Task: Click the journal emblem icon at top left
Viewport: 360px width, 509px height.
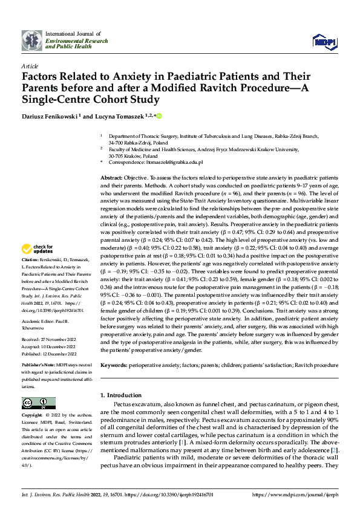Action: tap(31, 40)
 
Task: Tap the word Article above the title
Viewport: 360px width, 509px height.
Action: tap(29, 65)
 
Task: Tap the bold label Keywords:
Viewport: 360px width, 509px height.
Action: tap(114, 366)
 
